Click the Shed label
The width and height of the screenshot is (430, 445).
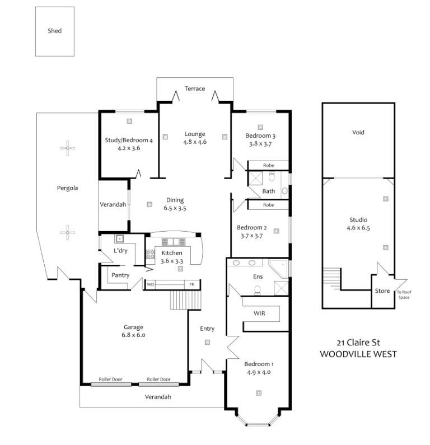pos(54,31)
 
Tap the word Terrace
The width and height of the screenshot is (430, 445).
pos(195,88)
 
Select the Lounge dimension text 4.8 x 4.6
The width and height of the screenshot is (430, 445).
pos(195,142)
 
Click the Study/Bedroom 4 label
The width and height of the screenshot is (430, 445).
pos(129,140)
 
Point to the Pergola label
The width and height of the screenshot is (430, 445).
pos(67,188)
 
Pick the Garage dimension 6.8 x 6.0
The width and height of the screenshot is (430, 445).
pos(133,335)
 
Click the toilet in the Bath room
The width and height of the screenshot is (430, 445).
pos(272,176)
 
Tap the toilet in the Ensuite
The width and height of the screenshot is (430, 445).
pos(258,290)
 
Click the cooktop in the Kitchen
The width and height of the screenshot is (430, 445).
pos(150,254)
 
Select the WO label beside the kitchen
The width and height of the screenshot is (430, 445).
pos(150,284)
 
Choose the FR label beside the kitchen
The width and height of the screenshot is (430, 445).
pos(192,284)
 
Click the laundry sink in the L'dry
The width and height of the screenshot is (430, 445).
pos(119,238)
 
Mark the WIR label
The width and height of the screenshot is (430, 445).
pos(259,313)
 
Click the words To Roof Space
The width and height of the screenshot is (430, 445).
pos(404,294)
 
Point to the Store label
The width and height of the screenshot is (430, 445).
pos(382,291)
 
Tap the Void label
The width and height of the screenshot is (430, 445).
pos(358,132)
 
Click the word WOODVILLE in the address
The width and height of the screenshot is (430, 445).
pos(342,354)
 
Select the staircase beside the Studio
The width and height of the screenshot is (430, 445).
pos(331,279)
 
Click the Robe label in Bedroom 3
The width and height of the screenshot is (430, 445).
pos(269,165)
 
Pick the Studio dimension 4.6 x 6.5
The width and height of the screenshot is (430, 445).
pos(358,228)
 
